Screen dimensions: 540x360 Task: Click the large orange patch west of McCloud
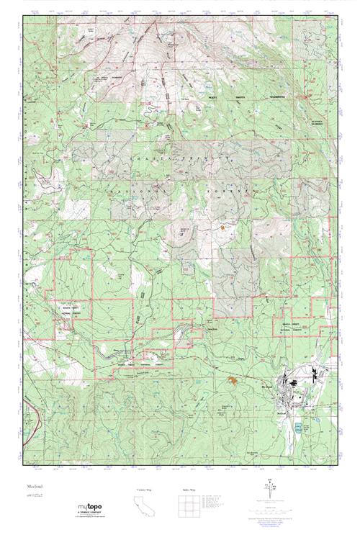(233, 379)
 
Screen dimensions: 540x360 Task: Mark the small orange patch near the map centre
(223, 227)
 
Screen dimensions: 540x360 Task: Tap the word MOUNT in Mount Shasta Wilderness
(238, 99)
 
